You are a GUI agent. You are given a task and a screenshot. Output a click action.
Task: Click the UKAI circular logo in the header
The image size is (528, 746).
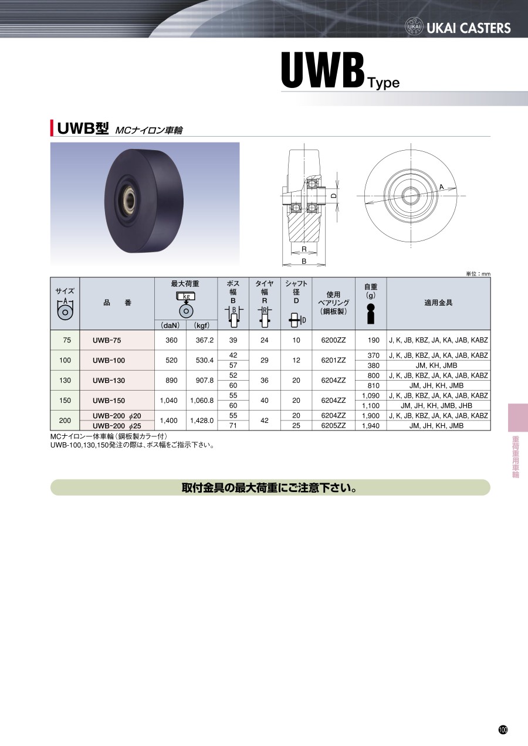click(x=414, y=26)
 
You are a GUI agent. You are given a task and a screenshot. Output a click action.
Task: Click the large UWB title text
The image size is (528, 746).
click(x=322, y=70)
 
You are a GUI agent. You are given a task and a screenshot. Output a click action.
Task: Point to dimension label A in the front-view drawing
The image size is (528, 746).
click(x=441, y=187)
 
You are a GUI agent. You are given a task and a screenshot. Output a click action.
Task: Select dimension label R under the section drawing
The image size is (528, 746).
click(x=304, y=249)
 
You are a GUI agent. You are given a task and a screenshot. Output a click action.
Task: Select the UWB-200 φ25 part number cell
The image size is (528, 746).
click(x=117, y=426)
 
